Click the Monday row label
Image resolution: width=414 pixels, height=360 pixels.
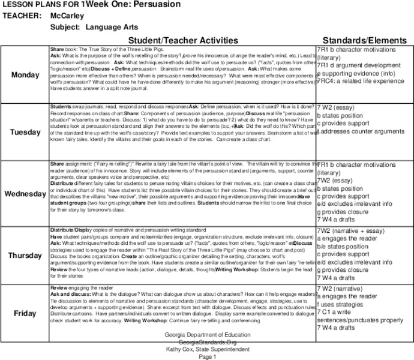pyautogui.click(x=25, y=74)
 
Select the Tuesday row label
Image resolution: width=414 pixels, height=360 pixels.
pyautogui.click(x=25, y=132)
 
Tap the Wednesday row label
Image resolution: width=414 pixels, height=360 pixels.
pyautogui.click(x=25, y=194)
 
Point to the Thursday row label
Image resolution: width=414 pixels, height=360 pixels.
pyautogui.click(x=25, y=256)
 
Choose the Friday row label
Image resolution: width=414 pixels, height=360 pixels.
pyautogui.click(x=25, y=313)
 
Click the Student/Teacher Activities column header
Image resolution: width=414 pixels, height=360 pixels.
pyautogui.click(x=182, y=39)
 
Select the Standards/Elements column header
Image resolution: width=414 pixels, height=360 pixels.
pyautogui.click(x=364, y=39)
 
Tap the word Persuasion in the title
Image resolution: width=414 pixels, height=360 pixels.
pyautogui.click(x=141, y=5)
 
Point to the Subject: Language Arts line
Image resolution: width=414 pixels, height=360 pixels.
pyautogui.click(x=103, y=27)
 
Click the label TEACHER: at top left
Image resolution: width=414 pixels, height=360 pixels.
pyautogui.click(x=22, y=16)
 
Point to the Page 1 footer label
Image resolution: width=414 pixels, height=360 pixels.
pyautogui.click(x=205, y=356)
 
